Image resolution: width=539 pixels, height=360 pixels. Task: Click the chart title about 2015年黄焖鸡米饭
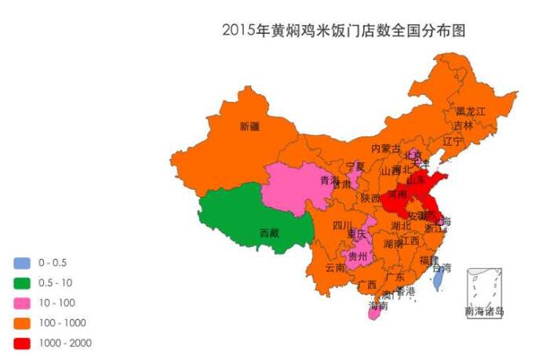(x=344, y=31)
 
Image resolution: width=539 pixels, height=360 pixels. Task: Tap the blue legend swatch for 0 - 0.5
(x=21, y=262)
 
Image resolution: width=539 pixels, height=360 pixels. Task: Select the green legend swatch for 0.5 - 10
(x=21, y=282)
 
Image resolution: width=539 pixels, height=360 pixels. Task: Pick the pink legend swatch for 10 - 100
(x=21, y=303)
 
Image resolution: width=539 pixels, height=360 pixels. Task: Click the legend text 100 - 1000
(x=62, y=322)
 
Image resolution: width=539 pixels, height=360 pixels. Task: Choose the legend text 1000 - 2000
(x=64, y=343)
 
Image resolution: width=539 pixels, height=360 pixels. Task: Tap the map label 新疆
(x=249, y=125)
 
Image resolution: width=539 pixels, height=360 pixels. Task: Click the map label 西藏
(x=268, y=233)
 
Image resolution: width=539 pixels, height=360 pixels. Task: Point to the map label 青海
(x=330, y=181)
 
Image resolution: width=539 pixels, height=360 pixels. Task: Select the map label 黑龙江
(x=471, y=111)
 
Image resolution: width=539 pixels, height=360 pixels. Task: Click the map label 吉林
(x=463, y=125)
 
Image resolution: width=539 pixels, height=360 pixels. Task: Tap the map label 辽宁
(x=453, y=141)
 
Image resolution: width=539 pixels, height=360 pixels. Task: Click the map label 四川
(x=343, y=226)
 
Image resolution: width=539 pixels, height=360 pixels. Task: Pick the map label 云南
(x=335, y=267)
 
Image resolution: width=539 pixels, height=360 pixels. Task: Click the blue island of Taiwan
(x=440, y=276)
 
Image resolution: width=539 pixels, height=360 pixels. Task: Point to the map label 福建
(x=428, y=260)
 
